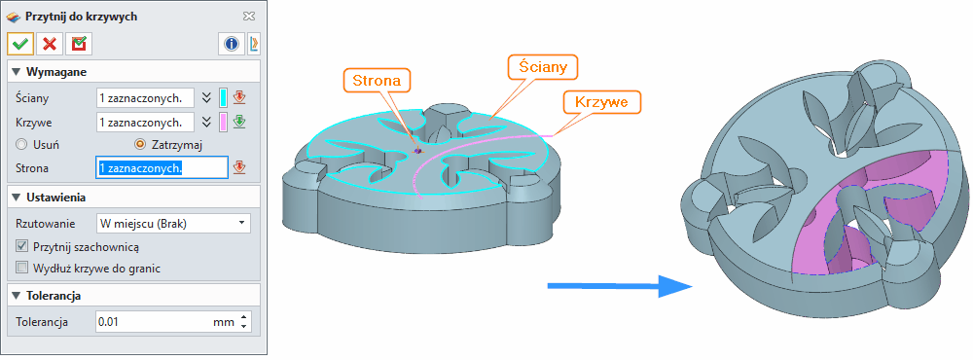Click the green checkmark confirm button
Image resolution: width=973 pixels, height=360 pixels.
[x=19, y=44]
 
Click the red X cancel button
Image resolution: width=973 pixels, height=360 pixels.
[x=49, y=44]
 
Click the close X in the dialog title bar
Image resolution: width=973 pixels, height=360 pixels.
[x=249, y=17]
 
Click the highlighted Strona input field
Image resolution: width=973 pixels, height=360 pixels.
[x=161, y=167]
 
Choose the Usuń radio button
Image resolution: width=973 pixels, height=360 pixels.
[x=21, y=144]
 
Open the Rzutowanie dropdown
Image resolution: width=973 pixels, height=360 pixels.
[x=173, y=224]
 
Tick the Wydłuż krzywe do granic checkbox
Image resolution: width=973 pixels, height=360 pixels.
[x=22, y=268]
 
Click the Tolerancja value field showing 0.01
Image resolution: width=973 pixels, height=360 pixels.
[x=165, y=321]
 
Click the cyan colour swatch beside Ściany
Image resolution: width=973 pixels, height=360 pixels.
[x=224, y=97]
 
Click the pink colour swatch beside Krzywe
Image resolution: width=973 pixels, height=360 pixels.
[x=224, y=122]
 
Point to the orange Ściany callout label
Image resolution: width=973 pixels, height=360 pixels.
[x=543, y=66]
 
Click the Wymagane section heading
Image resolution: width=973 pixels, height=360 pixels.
[x=55, y=72]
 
